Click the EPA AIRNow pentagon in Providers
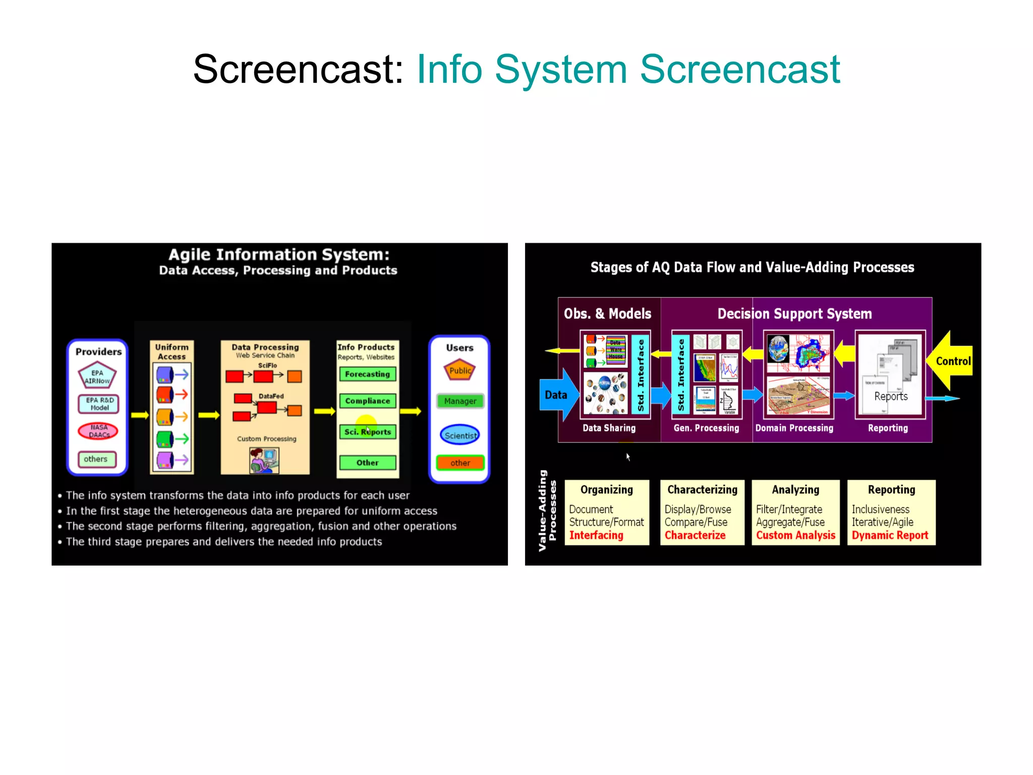pos(97,376)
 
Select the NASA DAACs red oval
pos(98,431)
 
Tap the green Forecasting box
pos(367,374)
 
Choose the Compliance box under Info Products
pos(367,401)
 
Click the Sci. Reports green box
pos(367,432)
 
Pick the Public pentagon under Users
pos(460,370)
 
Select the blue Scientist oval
pos(460,435)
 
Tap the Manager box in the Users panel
pos(460,401)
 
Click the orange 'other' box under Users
pos(460,463)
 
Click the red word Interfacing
pos(596,535)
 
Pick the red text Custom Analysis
pos(795,535)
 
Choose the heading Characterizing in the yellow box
pos(702,489)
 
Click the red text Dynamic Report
pos(890,535)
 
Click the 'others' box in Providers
pos(96,459)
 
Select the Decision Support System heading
pos(794,314)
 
